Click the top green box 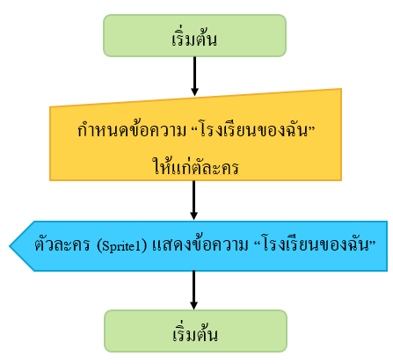pyautogui.click(x=194, y=35)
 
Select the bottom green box pyautogui.click(x=195, y=331)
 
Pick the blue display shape pyautogui.click(x=199, y=246)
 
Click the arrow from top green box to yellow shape pyautogui.click(x=194, y=76)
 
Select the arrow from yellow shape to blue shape pyautogui.click(x=193, y=200)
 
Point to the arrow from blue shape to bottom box pyautogui.click(x=193, y=290)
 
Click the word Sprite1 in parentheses pyautogui.click(x=121, y=246)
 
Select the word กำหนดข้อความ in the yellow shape pyautogui.click(x=132, y=129)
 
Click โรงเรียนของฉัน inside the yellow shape pyautogui.click(x=254, y=129)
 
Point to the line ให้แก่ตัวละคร pyautogui.click(x=195, y=166)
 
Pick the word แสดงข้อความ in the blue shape pyautogui.click(x=200, y=244)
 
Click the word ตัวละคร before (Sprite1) pyautogui.click(x=62, y=244)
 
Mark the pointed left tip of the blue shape pyautogui.click(x=10, y=246)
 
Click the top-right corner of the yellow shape pyautogui.click(x=341, y=89)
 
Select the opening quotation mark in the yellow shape pyautogui.click(x=193, y=127)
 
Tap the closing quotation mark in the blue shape pyautogui.click(x=373, y=242)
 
